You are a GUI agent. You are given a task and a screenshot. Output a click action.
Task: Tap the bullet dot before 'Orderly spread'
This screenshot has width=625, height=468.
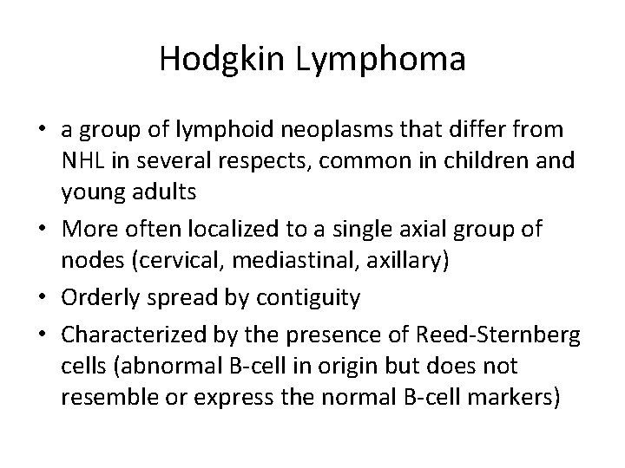(43, 298)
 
